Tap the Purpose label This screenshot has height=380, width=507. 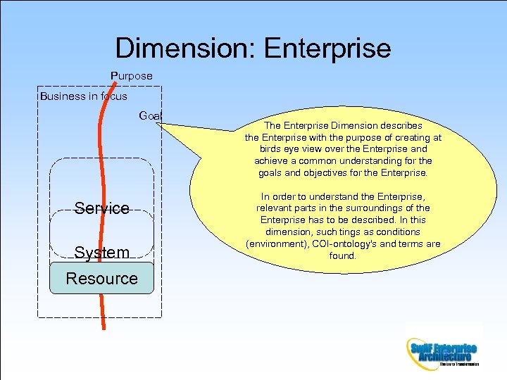click(131, 75)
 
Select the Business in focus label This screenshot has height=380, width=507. click(84, 96)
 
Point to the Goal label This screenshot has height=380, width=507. click(151, 115)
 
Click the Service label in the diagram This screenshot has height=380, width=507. click(102, 208)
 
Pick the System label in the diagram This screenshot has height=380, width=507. click(102, 252)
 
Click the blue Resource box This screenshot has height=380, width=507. click(101, 278)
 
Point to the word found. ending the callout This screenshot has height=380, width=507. click(343, 256)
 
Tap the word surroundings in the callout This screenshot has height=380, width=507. click(369, 208)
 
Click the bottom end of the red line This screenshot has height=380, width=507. click(104, 328)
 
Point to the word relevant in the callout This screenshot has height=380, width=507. click(275, 208)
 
